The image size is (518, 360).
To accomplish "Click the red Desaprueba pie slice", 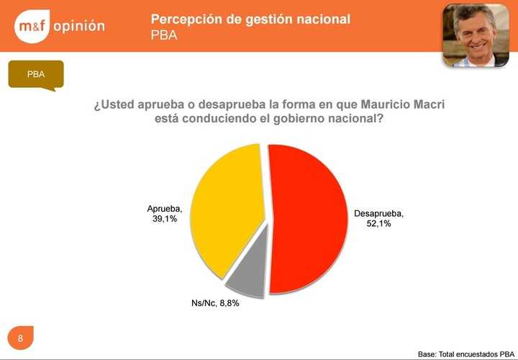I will [309, 216].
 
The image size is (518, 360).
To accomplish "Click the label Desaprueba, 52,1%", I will [378, 218].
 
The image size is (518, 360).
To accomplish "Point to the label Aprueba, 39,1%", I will [165, 214].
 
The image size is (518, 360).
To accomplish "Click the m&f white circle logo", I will [31, 26].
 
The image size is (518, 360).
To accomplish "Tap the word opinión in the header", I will [79, 26].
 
